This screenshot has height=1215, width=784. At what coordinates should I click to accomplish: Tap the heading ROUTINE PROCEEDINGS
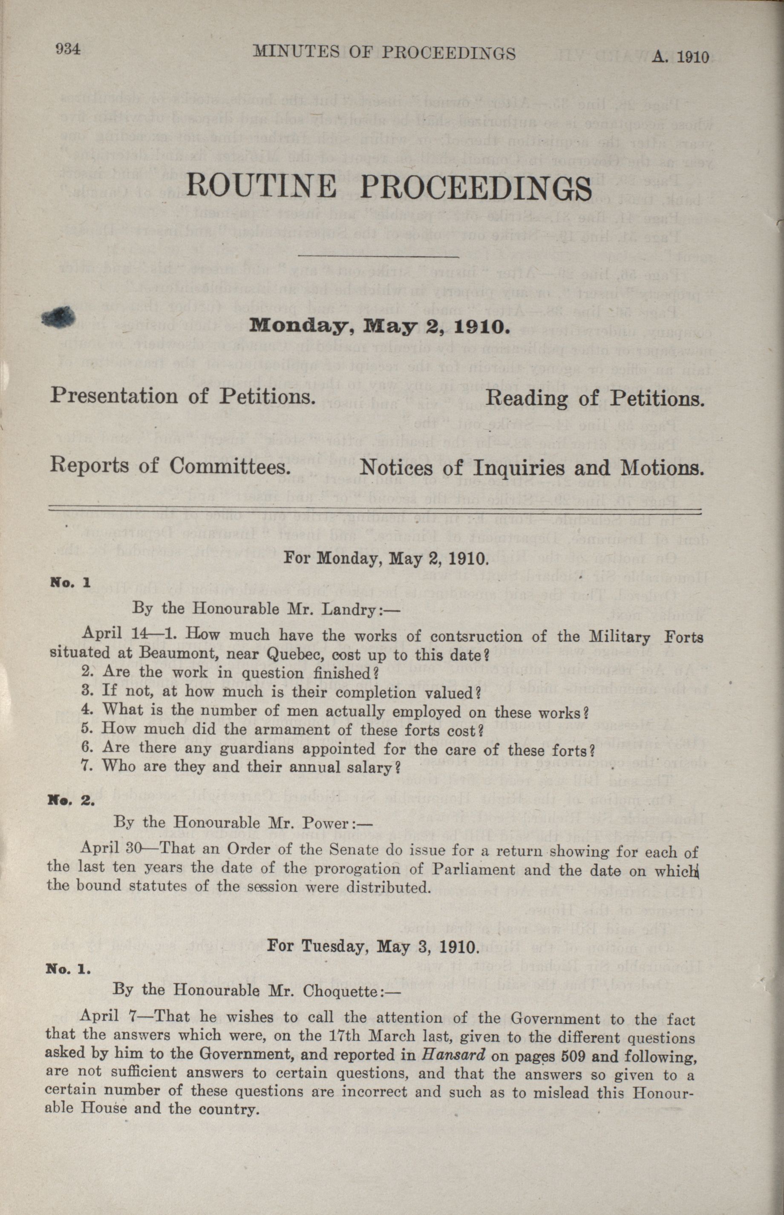tap(389, 187)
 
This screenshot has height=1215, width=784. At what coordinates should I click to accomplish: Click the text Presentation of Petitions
tap(181, 396)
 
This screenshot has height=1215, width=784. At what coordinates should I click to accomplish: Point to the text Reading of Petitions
tap(595, 399)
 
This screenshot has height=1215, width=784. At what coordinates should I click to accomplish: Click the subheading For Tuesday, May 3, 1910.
tap(372, 947)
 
